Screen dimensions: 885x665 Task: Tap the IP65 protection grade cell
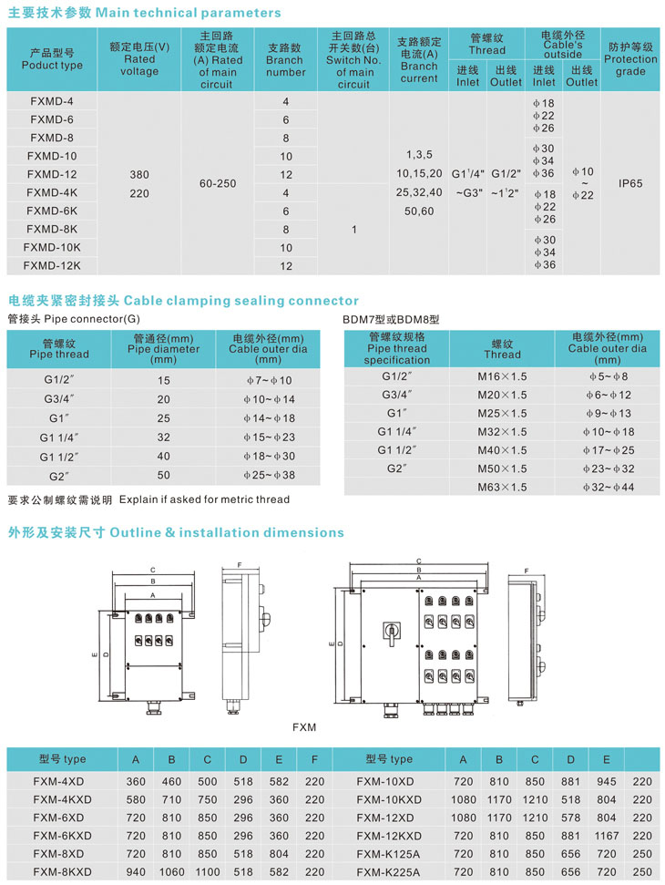coord(630,183)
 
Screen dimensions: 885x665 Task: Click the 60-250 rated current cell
coord(218,183)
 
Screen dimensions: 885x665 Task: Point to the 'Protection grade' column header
coord(630,58)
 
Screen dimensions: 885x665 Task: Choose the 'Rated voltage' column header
coord(139,58)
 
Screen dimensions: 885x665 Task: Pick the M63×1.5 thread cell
coord(502,488)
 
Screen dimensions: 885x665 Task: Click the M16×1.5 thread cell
coord(502,376)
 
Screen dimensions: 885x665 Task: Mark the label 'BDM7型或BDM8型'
coord(391,319)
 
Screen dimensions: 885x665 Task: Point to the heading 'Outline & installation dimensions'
coord(227,532)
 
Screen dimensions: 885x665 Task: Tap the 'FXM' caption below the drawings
coord(304,727)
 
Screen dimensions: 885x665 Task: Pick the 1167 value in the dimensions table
coord(605,836)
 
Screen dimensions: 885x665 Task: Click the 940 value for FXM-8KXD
coord(136,872)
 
